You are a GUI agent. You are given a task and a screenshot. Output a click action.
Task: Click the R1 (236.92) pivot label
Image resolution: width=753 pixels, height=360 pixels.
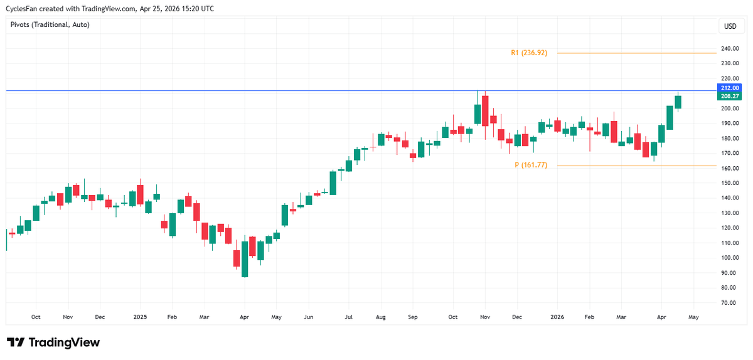(x=529, y=53)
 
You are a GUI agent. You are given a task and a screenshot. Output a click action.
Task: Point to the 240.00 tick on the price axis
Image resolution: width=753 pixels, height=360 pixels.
(x=730, y=48)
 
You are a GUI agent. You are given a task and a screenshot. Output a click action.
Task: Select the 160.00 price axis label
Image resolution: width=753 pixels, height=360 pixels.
(x=730, y=168)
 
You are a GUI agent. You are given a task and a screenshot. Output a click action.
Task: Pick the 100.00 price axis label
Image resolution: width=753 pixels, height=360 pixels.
(x=730, y=258)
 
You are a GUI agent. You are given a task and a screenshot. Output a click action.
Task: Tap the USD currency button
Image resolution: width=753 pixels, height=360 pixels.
(x=730, y=26)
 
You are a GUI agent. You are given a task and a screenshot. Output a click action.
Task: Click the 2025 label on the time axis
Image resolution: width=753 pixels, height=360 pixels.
(x=139, y=317)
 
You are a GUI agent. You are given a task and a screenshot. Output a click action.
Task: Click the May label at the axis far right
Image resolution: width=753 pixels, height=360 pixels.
(x=693, y=317)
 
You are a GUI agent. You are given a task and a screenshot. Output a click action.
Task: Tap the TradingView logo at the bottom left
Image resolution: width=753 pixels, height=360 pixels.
(x=53, y=342)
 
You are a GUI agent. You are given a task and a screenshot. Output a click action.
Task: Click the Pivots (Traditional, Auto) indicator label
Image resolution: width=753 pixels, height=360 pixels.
(x=50, y=24)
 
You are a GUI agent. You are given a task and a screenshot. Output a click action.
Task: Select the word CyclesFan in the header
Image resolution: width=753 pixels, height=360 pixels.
(x=23, y=8)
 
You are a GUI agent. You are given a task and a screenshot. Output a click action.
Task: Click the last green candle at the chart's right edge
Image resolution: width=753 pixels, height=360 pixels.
(x=678, y=102)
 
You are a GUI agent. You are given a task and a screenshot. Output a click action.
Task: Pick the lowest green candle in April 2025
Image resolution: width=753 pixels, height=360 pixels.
(x=245, y=259)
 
